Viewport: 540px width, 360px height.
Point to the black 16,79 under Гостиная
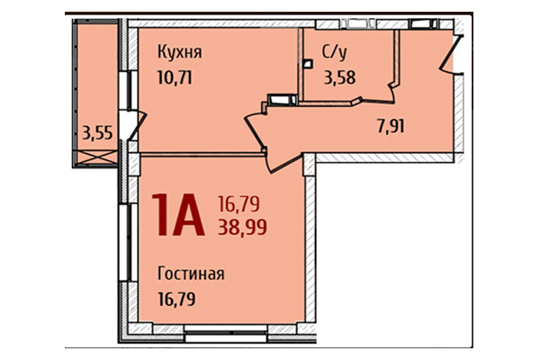click(177, 298)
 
